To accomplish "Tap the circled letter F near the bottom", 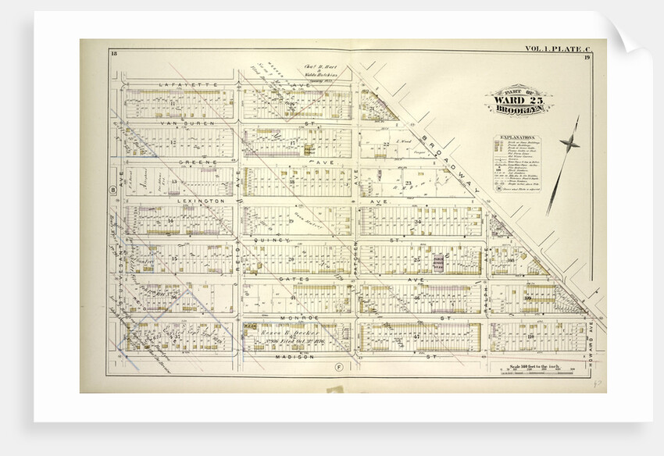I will (x=338, y=366).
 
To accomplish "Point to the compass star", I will (x=570, y=142).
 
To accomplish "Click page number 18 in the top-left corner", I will (x=114, y=52).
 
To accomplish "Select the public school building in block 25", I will (x=439, y=262).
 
